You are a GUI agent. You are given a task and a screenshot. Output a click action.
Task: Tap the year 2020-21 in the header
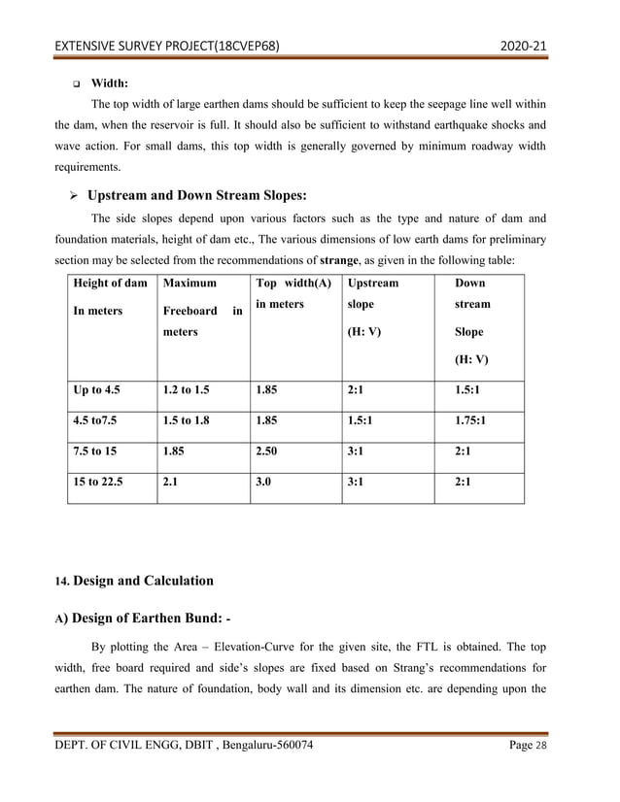tap(526, 45)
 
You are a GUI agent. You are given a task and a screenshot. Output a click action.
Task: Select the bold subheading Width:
tap(110, 84)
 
